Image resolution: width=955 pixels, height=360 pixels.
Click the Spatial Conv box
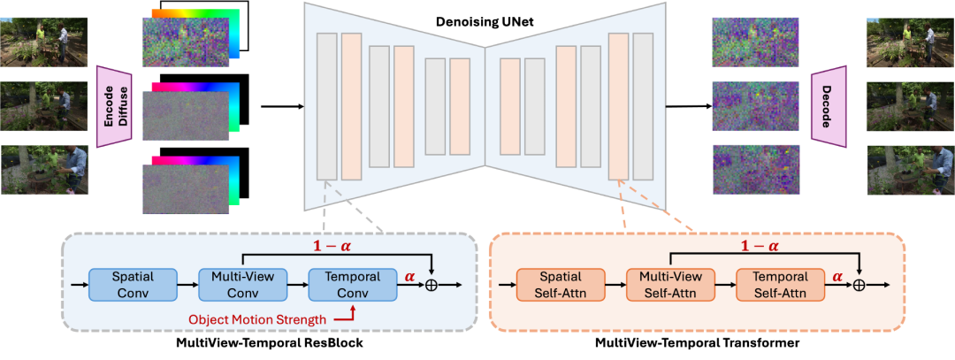tap(134, 284)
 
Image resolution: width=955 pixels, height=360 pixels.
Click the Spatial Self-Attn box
tap(561, 284)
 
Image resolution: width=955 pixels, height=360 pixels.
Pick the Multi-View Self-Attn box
tap(669, 284)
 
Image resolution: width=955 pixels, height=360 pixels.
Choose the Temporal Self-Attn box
tap(779, 284)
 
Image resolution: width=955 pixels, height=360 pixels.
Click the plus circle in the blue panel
tap(432, 285)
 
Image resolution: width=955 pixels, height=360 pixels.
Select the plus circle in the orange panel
tap(859, 285)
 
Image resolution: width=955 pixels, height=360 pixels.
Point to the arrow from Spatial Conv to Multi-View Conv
tap(188, 285)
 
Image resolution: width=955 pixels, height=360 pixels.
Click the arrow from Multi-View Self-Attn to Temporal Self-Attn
tap(725, 285)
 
